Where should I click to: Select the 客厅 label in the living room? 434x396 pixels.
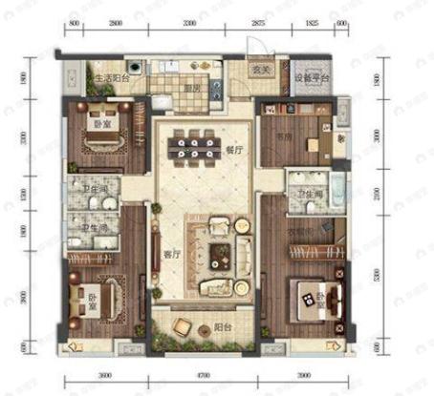172,255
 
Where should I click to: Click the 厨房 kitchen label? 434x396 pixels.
191,91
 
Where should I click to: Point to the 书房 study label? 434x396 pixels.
283,135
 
